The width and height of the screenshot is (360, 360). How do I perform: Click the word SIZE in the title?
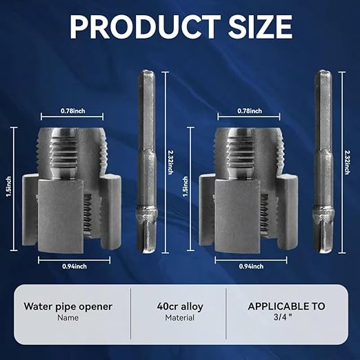(252, 28)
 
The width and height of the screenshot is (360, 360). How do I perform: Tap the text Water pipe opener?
(68, 306)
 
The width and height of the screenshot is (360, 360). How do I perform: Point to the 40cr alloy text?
(180, 306)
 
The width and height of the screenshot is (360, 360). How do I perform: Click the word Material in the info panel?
(180, 319)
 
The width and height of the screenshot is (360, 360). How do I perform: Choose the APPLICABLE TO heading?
(287, 306)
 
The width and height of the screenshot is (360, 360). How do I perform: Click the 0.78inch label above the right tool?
(249, 110)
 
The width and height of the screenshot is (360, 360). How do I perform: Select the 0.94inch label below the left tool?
(73, 266)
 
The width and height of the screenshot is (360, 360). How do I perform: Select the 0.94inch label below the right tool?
(250, 266)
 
